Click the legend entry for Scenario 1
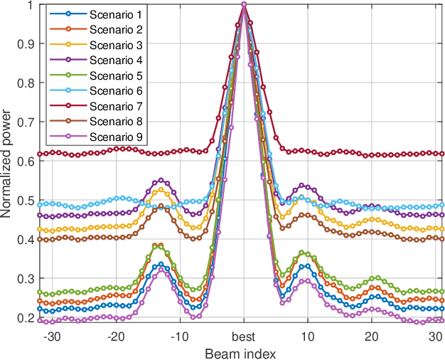[115, 14]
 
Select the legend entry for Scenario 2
[115, 29]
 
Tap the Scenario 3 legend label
[115, 45]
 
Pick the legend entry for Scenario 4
[115, 60]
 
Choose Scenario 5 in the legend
[115, 75]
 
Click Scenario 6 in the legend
[115, 91]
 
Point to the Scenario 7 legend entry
[115, 106]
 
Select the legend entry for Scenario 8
[115, 122]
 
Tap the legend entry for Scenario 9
[115, 137]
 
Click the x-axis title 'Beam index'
[241, 352]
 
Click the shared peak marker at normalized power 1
[245, 5]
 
